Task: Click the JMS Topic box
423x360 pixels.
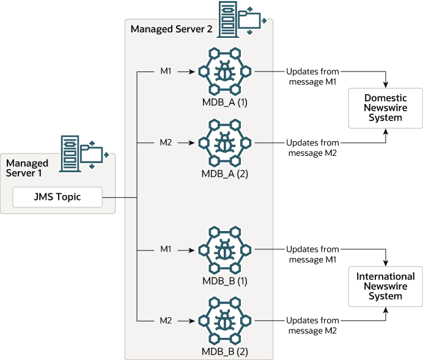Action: [x=57, y=197]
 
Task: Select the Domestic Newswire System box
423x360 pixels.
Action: [x=386, y=108]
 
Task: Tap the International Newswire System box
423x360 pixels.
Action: [x=386, y=286]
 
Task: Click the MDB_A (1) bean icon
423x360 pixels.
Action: [x=225, y=71]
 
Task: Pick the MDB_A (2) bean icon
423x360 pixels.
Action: [x=225, y=142]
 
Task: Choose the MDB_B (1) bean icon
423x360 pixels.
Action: [x=225, y=249]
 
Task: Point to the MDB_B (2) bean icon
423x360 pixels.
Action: [x=225, y=320]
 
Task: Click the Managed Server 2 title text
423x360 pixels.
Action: [x=169, y=29]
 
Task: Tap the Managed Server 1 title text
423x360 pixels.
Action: [x=27, y=168]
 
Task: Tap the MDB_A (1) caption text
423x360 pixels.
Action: [x=225, y=101]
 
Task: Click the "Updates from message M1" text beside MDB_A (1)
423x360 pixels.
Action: [x=312, y=76]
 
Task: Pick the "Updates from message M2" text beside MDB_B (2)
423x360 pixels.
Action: [x=312, y=325]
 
